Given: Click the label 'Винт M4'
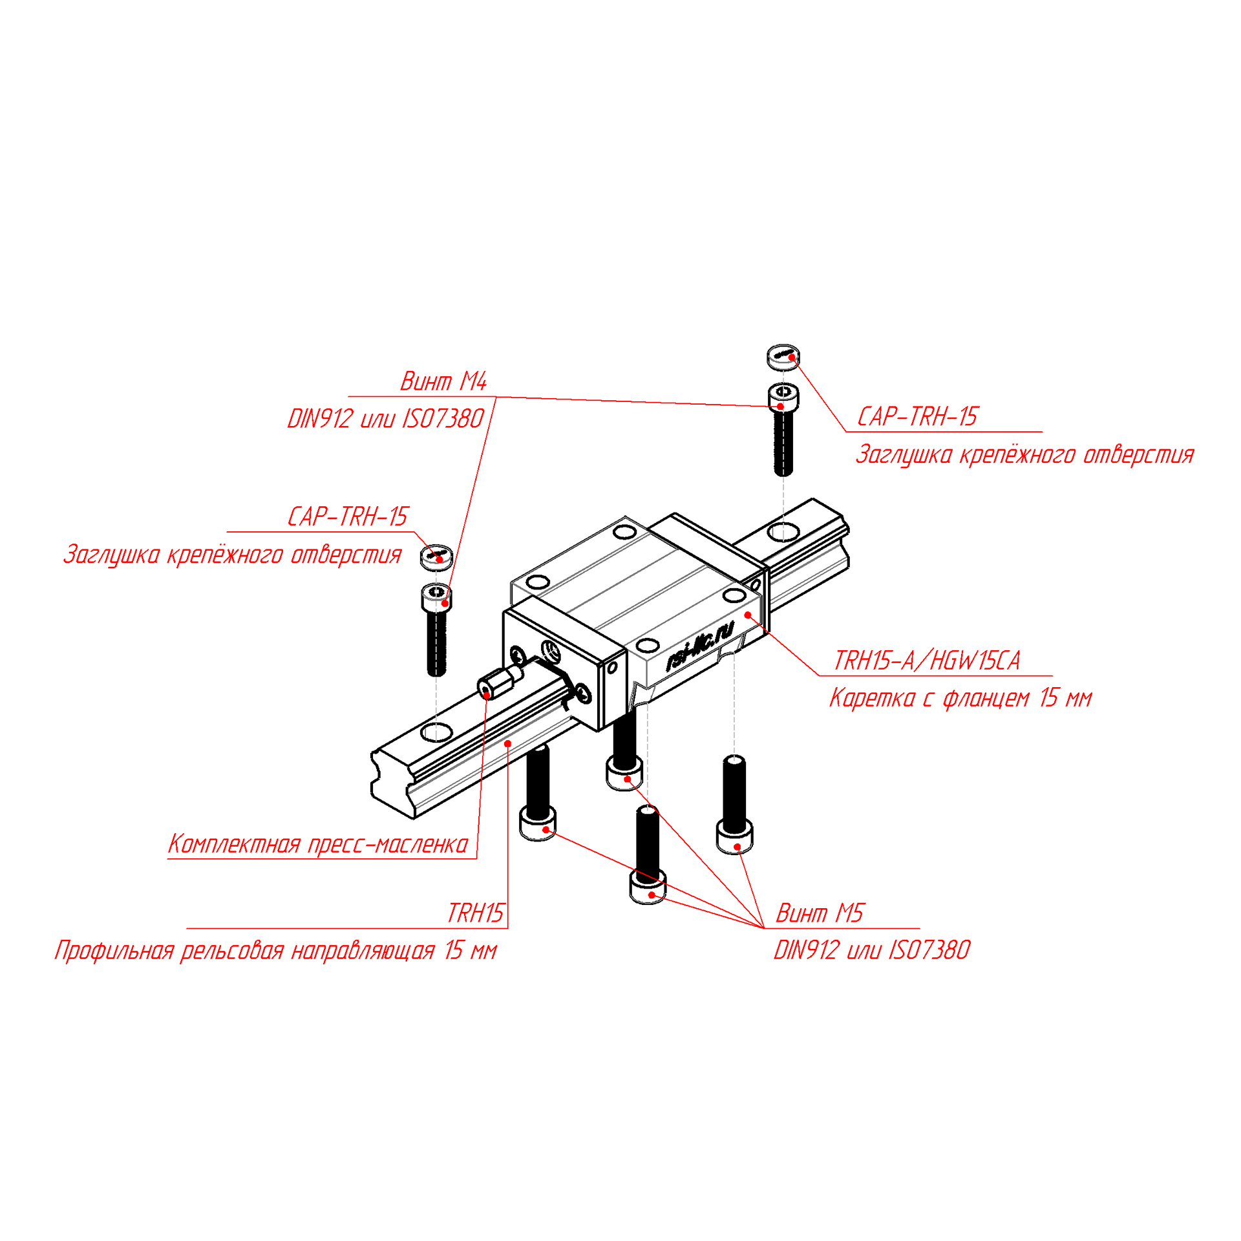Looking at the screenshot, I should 443,381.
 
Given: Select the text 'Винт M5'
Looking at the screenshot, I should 819,913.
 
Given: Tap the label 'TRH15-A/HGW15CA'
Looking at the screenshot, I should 926,661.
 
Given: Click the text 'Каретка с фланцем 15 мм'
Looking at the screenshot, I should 960,698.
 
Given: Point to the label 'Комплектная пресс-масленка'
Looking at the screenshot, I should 318,844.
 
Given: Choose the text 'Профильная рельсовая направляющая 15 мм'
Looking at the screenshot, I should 276,951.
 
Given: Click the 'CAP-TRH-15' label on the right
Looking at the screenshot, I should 917,416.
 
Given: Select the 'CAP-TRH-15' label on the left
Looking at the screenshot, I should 348,516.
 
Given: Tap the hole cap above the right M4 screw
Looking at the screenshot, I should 783,356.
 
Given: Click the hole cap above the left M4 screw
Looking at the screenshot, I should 436,557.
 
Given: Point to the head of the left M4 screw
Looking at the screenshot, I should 436,596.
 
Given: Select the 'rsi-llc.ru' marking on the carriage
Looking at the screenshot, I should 700,645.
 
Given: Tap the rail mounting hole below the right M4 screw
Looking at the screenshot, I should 783,532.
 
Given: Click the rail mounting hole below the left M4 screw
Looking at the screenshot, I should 436,732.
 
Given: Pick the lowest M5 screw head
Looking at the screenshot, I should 647,891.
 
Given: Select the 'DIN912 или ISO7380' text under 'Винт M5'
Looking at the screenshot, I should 872,950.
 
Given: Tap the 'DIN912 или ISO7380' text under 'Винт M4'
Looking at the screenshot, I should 385,419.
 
